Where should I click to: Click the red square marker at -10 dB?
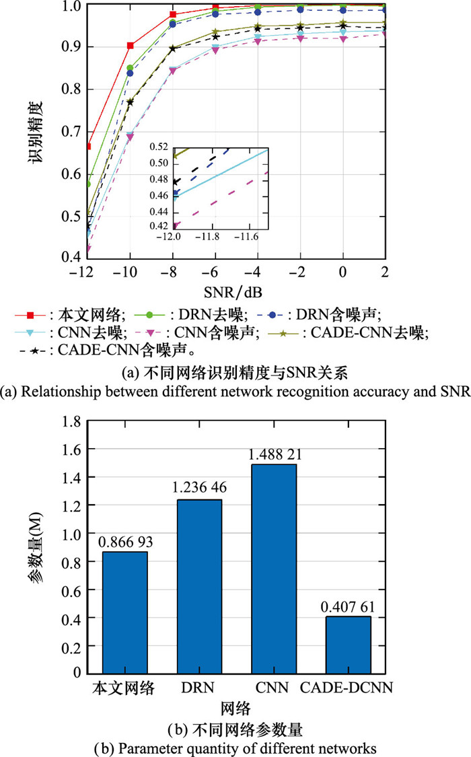(x=130, y=46)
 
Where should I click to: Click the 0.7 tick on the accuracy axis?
(x=70, y=174)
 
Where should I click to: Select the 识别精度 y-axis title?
(x=38, y=131)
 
